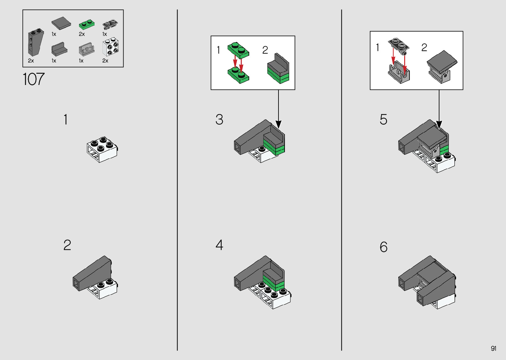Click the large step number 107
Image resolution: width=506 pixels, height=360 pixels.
(34, 79)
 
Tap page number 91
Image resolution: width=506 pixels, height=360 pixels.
(493, 348)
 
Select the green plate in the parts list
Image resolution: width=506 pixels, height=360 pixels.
(87, 24)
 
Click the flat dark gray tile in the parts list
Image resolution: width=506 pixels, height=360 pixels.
(61, 23)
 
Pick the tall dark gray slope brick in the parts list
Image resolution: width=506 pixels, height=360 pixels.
(36, 42)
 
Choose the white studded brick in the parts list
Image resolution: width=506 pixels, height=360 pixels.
(110, 47)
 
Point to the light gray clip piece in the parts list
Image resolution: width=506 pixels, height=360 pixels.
(87, 49)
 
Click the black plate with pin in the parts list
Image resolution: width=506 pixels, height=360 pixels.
(110, 24)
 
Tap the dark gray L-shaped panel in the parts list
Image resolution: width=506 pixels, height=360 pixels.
(59, 49)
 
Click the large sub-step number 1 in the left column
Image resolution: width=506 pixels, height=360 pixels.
(65, 119)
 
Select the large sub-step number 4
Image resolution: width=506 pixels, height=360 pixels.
(219, 245)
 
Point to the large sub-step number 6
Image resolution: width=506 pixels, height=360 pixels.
(384, 247)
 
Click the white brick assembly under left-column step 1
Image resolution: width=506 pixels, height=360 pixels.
(102, 149)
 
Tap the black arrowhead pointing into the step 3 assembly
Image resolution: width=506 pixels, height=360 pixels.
(279, 125)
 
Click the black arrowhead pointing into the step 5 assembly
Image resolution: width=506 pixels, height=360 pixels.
(439, 125)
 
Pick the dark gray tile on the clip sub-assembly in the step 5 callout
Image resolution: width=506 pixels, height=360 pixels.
(442, 61)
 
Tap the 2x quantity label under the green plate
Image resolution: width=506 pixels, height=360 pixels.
(82, 34)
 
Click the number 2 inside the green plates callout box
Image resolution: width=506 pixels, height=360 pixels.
(265, 50)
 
